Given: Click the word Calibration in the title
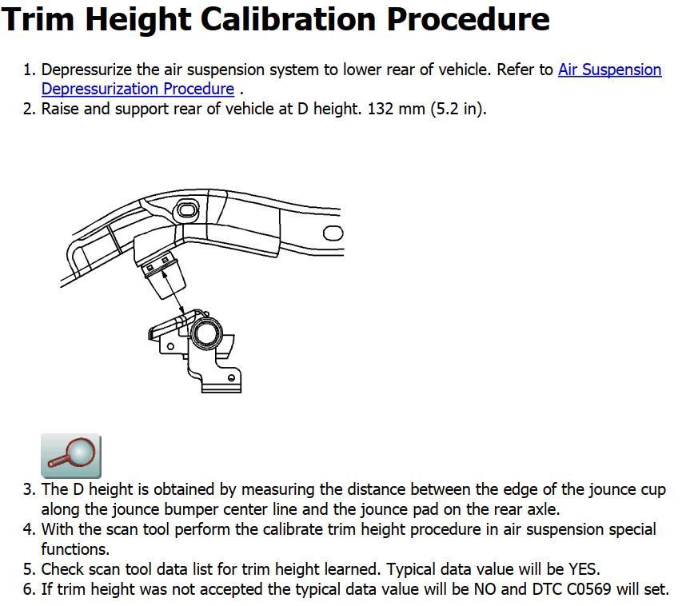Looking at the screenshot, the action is (289, 19).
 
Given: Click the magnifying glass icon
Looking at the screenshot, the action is (71, 456).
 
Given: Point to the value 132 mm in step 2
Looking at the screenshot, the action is (397, 109).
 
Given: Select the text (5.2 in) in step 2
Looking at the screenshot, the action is (457, 109).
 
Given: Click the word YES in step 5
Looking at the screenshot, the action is (584, 569).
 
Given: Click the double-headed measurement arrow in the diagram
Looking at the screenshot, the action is (173, 291).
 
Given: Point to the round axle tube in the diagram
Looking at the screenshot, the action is (206, 333).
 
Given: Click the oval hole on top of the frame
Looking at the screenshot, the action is (187, 210).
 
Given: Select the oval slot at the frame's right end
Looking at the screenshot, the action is (333, 233).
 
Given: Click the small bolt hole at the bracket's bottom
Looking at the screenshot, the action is (231, 377).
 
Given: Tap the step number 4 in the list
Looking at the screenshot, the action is (28, 529).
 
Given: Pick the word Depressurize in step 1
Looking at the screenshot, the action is (86, 70).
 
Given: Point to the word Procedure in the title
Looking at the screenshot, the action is (469, 19).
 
